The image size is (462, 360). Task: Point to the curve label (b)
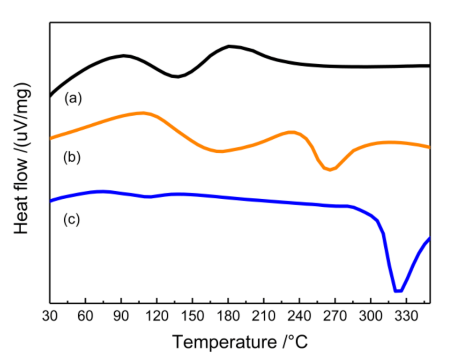pos(72,157)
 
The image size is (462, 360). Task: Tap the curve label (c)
pos(72,219)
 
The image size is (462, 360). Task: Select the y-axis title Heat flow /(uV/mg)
pos(22,159)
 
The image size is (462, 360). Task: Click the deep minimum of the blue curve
pos(398,291)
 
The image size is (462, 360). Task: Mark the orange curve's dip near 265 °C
pos(330,169)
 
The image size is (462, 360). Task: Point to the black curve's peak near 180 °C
pos(229,46)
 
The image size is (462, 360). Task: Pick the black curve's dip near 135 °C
pos(176,76)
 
